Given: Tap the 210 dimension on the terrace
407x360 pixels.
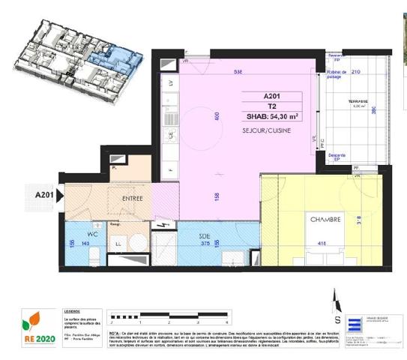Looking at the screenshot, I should (356, 73).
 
